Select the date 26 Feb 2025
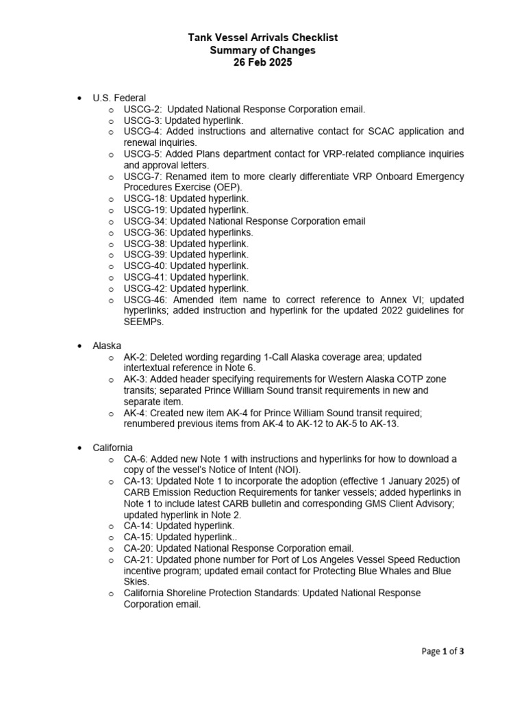point(263,62)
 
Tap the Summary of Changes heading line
point(263,50)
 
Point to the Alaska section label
point(108,345)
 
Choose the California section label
point(113,447)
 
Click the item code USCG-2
point(142,110)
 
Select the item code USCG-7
point(142,176)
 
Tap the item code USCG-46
point(145,299)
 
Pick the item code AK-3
point(135,379)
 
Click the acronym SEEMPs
point(144,322)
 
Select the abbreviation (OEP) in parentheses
point(227,187)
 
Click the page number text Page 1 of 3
point(442,651)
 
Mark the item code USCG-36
point(145,232)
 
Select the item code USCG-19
point(145,209)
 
